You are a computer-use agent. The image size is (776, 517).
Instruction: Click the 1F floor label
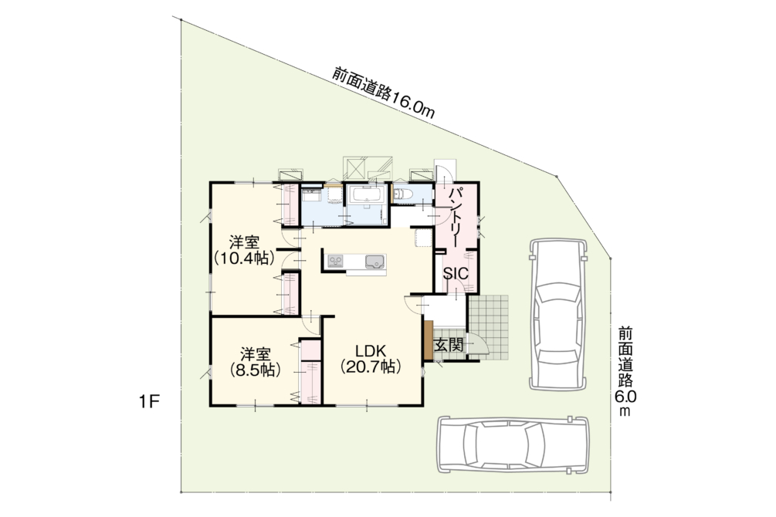click(x=149, y=402)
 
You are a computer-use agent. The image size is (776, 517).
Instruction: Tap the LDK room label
click(x=370, y=351)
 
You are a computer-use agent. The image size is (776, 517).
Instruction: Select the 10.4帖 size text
click(x=244, y=258)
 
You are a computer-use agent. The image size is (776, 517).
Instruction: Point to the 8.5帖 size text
click(x=256, y=370)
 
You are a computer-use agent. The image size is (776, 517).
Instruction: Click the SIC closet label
click(x=455, y=274)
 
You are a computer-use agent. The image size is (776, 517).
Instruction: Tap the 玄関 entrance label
click(x=449, y=344)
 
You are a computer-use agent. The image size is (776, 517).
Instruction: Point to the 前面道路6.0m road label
click(x=625, y=371)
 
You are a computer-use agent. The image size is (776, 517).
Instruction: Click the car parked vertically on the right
click(x=557, y=315)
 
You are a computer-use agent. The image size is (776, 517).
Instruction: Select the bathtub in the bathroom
click(x=367, y=194)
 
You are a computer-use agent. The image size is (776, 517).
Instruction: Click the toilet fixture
click(x=402, y=194)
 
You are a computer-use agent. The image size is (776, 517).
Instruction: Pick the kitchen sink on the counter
click(x=374, y=262)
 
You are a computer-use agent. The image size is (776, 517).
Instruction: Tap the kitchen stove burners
click(x=335, y=261)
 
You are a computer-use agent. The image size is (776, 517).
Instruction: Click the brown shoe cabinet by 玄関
click(x=428, y=341)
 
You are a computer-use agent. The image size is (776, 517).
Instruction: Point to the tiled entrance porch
click(x=488, y=328)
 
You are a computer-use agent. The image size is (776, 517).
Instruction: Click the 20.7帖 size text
click(x=370, y=367)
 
